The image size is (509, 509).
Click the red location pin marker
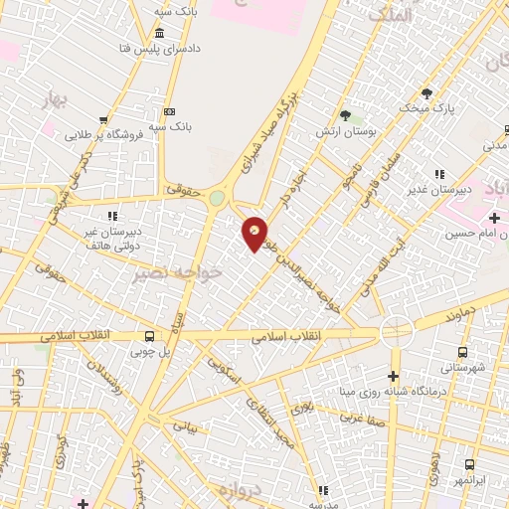(x=255, y=234)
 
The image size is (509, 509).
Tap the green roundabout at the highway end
(x=217, y=199)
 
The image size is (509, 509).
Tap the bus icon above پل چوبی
(x=149, y=336)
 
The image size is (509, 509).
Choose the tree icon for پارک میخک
(x=427, y=92)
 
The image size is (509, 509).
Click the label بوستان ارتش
(x=343, y=132)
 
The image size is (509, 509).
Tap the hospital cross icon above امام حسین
(x=495, y=218)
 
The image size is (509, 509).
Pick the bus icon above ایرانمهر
(x=468, y=464)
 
